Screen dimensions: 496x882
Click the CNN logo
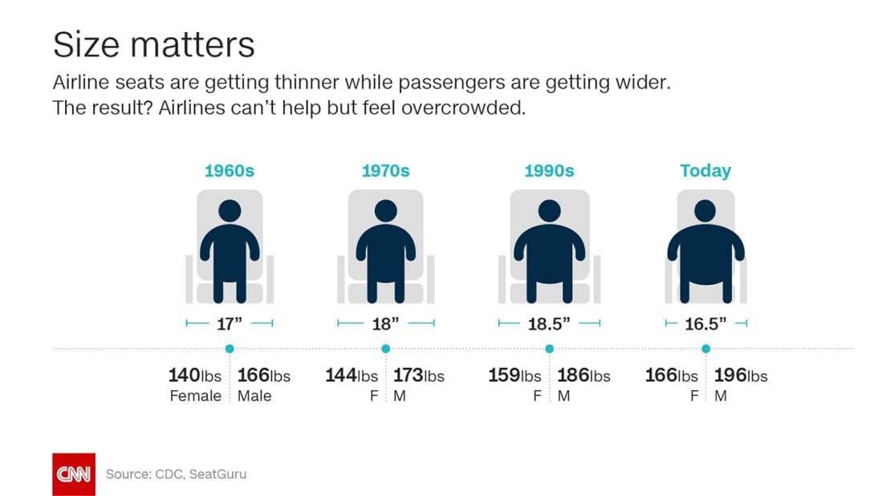click(x=73, y=474)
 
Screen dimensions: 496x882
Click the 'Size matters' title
click(x=153, y=44)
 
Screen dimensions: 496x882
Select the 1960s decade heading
click(x=229, y=171)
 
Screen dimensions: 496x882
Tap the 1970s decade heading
click(x=385, y=171)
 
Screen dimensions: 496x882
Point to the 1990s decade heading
click(x=549, y=171)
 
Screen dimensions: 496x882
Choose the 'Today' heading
click(x=705, y=171)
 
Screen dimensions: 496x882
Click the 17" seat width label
click(x=230, y=323)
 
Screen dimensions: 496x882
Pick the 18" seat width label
click(x=385, y=323)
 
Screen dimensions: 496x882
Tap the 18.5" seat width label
click(x=549, y=323)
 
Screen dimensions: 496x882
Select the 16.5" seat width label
click(x=706, y=323)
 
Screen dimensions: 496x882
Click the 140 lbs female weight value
click(x=194, y=376)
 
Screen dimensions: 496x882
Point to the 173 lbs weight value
click(x=418, y=376)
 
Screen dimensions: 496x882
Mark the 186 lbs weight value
click(x=583, y=376)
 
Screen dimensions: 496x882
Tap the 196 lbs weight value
click(x=741, y=376)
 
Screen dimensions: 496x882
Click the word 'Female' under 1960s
click(x=195, y=396)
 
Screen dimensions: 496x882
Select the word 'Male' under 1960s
click(x=254, y=396)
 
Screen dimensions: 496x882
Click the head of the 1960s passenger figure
click(x=230, y=212)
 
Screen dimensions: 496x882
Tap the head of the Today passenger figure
click(x=705, y=211)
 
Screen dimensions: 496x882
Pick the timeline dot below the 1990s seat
click(x=549, y=349)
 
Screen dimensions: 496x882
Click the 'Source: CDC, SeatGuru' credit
click(x=176, y=474)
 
